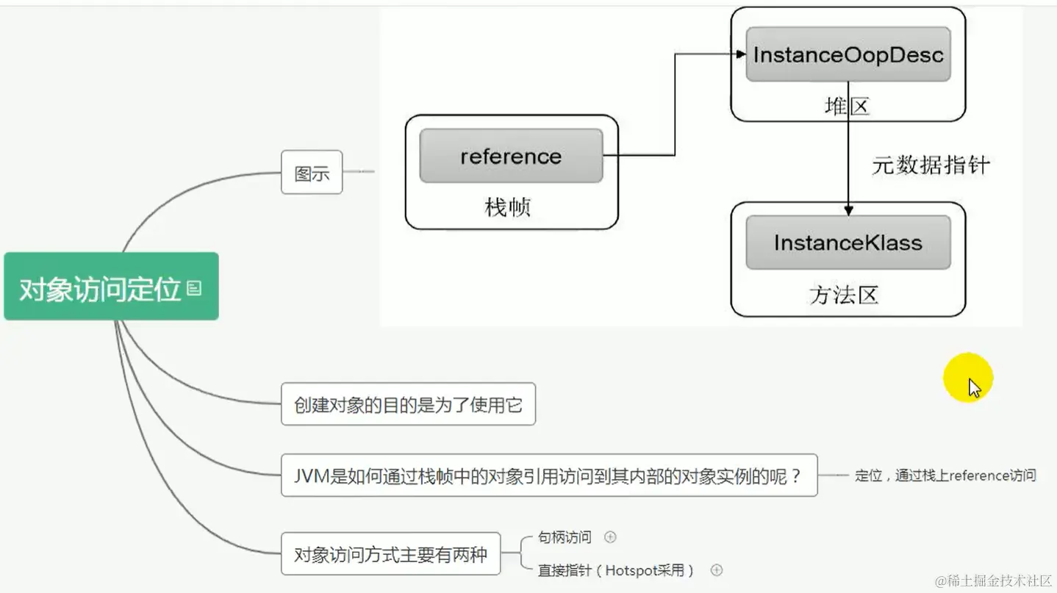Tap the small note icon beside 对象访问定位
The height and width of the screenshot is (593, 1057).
click(x=194, y=288)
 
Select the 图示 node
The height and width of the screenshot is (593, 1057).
click(x=312, y=173)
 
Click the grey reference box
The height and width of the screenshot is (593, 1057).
click(x=511, y=156)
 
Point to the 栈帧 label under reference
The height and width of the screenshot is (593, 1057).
click(x=507, y=207)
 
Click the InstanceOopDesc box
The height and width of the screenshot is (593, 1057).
click(x=848, y=54)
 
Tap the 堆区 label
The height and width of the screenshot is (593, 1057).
click(x=847, y=107)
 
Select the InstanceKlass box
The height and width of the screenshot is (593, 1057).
click(x=848, y=242)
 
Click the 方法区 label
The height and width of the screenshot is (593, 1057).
click(x=844, y=295)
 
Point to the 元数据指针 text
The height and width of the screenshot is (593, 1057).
click(x=931, y=164)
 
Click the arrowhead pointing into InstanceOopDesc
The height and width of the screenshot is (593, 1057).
click(x=742, y=54)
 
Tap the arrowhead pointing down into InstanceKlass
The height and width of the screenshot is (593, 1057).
click(x=848, y=211)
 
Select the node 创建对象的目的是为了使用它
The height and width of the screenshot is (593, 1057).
click(x=408, y=404)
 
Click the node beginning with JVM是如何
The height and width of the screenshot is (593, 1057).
click(x=548, y=475)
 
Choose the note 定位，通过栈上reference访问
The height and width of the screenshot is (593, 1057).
click(x=945, y=475)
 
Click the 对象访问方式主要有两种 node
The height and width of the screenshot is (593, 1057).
click(x=390, y=554)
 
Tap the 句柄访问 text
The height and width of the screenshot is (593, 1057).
click(x=565, y=537)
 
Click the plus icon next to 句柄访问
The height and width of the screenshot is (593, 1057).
click(x=610, y=537)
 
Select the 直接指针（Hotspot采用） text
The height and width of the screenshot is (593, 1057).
click(x=616, y=570)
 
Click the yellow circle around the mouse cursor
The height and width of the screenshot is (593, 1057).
click(x=967, y=378)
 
